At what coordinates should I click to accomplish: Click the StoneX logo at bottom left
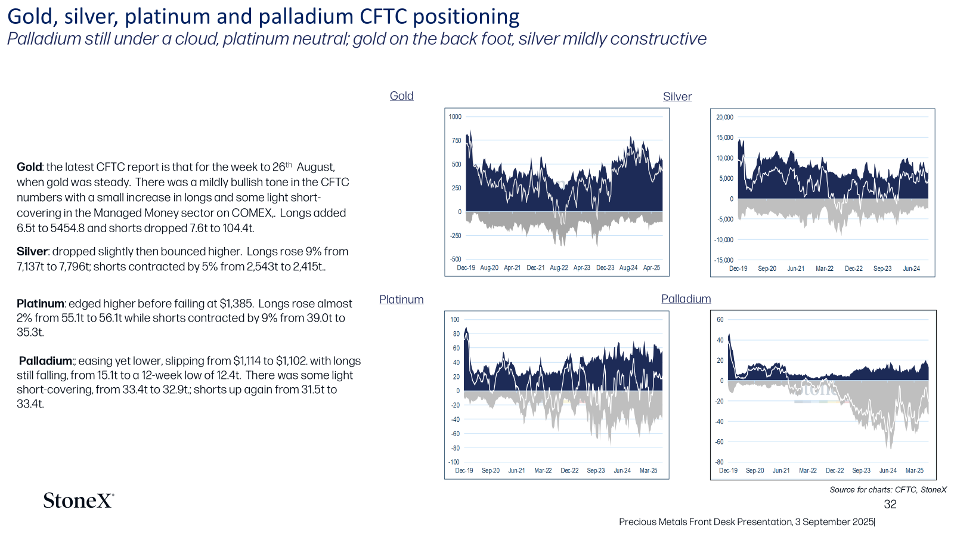(78, 501)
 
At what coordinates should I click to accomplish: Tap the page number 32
(890, 504)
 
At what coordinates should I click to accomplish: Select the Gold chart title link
(402, 96)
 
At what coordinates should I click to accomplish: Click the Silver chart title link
(677, 97)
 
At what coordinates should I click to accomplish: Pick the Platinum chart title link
(401, 299)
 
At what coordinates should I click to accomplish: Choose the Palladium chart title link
(686, 299)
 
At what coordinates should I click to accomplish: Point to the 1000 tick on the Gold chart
(455, 117)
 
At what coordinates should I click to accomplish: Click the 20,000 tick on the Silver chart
(724, 117)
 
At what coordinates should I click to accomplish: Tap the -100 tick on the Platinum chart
(454, 462)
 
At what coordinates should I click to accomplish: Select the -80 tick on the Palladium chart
(719, 462)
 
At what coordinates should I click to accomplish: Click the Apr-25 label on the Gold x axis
(652, 268)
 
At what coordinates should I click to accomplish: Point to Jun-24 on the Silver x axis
(912, 268)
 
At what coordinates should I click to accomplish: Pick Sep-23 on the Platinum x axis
(596, 471)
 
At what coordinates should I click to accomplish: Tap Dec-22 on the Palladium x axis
(835, 471)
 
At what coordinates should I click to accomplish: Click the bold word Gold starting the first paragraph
(29, 167)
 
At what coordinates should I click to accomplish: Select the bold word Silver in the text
(32, 251)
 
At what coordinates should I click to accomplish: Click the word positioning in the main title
(466, 17)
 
